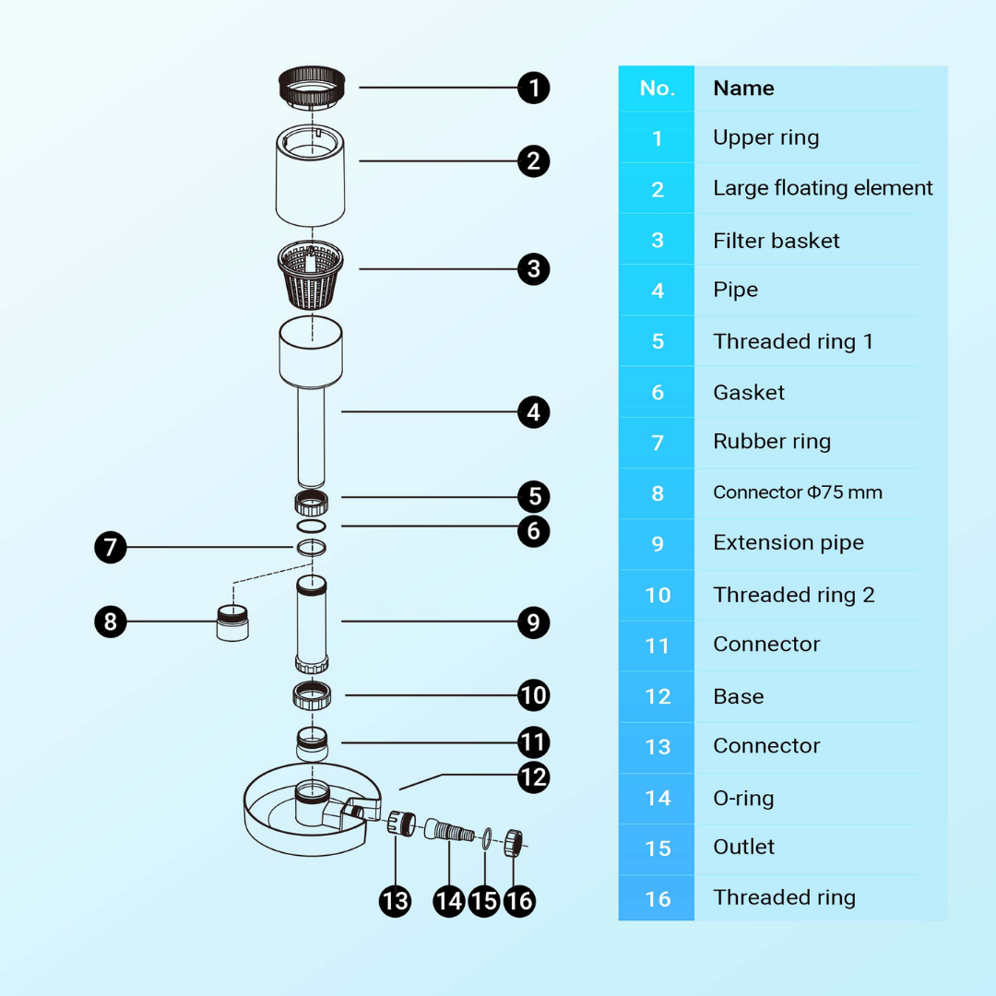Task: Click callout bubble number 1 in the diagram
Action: tap(534, 88)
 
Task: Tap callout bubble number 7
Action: tap(111, 547)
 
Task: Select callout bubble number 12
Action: tap(534, 777)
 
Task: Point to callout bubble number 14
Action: tap(449, 901)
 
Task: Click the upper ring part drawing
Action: tap(312, 87)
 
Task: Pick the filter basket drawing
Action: tap(311, 275)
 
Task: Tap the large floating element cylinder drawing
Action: tap(311, 175)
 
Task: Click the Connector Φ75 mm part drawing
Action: tap(232, 623)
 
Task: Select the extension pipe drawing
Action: tap(312, 623)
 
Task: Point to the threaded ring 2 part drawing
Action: tap(312, 695)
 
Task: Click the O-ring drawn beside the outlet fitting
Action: tap(487, 838)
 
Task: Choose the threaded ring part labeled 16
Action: tap(514, 843)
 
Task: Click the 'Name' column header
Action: tap(743, 89)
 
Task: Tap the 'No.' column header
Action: tap(657, 89)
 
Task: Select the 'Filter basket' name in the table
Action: tap(776, 241)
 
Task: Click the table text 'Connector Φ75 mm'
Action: tap(797, 492)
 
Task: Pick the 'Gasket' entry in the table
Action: tap(748, 393)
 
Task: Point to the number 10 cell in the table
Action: tap(658, 595)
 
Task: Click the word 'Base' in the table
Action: tap(738, 696)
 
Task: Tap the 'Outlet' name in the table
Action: tap(743, 847)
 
